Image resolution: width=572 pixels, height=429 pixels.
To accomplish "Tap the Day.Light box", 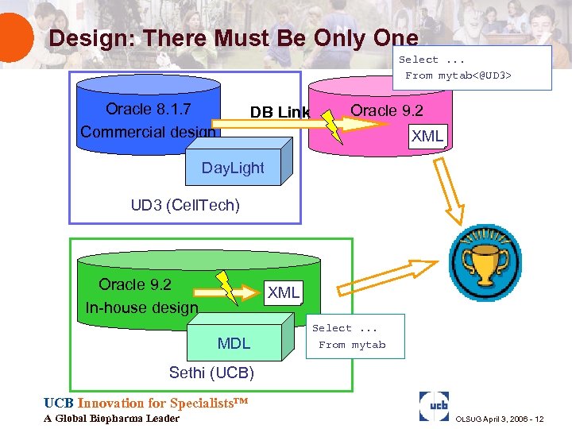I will click(233, 168).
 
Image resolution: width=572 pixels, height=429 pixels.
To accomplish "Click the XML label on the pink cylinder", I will click(427, 136).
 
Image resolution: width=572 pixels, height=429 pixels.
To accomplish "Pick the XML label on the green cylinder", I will click(284, 292).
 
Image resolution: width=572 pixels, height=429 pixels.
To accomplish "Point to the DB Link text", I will click(279, 112).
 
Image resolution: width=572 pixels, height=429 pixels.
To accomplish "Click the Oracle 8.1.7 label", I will click(149, 109).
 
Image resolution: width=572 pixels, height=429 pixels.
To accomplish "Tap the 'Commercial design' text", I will click(148, 132).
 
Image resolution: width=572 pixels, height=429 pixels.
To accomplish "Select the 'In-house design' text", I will click(141, 307).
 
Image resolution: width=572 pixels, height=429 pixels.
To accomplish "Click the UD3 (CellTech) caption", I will click(184, 206).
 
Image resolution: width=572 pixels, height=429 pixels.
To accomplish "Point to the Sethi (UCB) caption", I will click(211, 373).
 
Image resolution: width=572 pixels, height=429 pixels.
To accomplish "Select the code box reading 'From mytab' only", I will click(354, 336).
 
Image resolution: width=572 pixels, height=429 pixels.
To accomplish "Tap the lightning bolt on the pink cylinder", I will click(334, 126).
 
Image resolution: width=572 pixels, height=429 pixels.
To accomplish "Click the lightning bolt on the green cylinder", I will click(227, 288).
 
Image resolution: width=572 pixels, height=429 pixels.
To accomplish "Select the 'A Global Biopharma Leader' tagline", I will click(112, 419).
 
